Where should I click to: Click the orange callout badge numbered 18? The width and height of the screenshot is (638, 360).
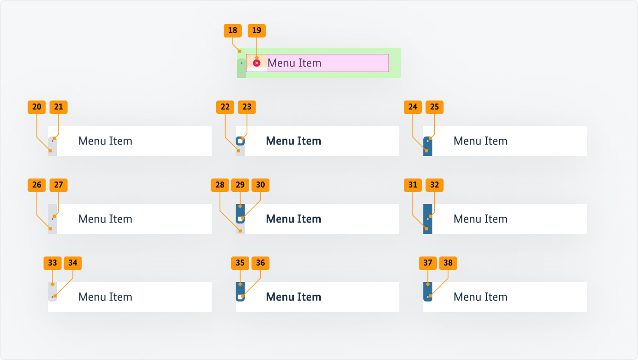point(233,30)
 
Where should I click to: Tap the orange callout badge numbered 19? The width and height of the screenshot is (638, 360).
point(257,30)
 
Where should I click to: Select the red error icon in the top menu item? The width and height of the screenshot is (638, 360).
point(257,63)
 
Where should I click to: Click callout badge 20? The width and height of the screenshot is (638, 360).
point(37,107)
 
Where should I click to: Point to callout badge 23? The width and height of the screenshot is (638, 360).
point(247,107)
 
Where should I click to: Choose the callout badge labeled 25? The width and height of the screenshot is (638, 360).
point(434,107)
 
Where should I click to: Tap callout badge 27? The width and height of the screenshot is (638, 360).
point(59,185)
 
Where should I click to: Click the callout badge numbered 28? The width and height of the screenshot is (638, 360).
point(220,185)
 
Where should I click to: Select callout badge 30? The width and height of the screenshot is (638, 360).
point(260,185)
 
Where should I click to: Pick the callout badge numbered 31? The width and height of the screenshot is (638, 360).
point(413,185)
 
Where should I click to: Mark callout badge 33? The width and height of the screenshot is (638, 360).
point(53,263)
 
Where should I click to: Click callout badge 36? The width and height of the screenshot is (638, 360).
point(260,263)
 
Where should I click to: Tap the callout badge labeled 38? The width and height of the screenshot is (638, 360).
point(448,263)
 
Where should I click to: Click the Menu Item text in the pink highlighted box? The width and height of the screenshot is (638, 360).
point(294,63)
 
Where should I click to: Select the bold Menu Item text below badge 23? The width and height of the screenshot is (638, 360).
point(293,141)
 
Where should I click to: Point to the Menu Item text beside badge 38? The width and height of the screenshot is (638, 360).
point(480,297)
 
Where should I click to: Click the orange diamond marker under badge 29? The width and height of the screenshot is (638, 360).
point(240,206)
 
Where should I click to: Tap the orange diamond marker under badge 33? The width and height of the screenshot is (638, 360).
point(53,284)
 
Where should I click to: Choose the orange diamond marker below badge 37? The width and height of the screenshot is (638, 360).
point(428,284)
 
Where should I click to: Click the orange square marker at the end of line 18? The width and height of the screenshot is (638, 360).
point(240,51)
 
